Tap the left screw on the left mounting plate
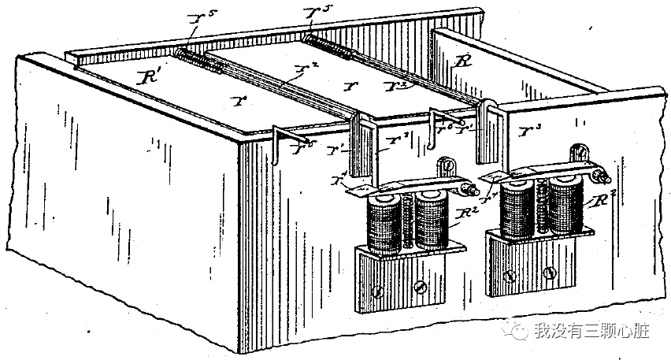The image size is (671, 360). click(x=378, y=290)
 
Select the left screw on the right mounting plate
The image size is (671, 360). click(x=510, y=276)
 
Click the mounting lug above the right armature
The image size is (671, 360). click(x=581, y=150)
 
